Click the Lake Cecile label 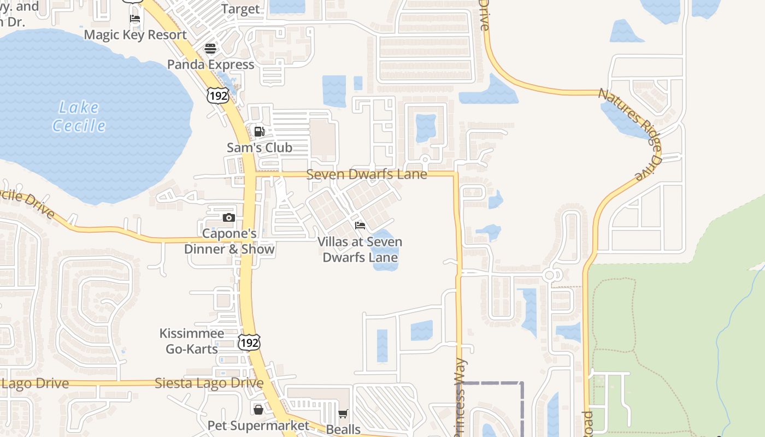point(79,116)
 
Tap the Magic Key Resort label point(136,34)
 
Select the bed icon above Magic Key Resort point(135,19)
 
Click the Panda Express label point(210,64)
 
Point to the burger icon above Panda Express point(210,48)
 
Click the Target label point(240,9)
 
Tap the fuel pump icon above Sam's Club point(259,131)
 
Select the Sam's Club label point(260,147)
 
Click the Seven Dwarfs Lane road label point(366,174)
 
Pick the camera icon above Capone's point(228,217)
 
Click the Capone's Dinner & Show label point(229,241)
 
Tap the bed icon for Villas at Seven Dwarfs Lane point(360,225)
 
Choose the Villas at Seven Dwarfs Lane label point(360,249)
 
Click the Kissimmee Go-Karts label point(192,341)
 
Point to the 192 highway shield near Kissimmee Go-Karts point(249,342)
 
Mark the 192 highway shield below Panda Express point(217,96)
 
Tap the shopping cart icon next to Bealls point(343,414)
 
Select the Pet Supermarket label point(258,425)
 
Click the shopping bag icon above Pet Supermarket point(258,409)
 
